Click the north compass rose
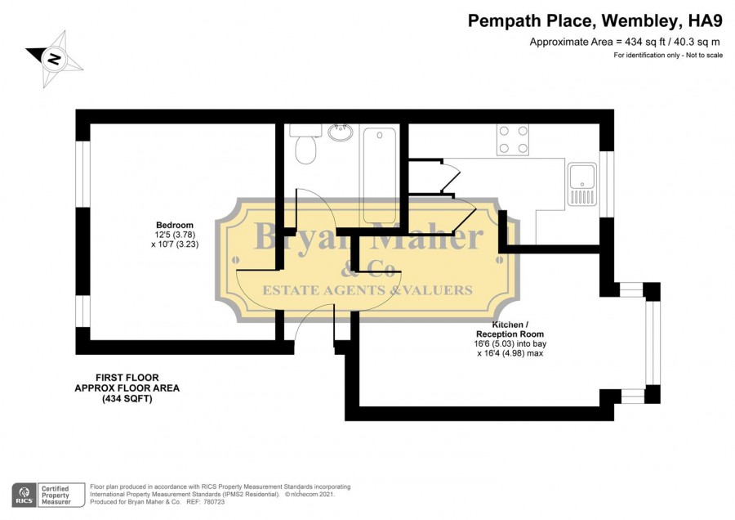point(53,59)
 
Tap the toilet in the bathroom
point(305,144)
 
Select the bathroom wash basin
point(341,132)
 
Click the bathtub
point(380,176)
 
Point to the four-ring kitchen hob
point(514,139)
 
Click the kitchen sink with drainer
point(581,184)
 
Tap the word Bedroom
point(175,226)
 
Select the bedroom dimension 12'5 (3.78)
point(175,235)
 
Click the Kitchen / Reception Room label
point(510,329)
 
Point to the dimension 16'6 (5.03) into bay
point(510,343)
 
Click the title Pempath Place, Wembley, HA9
point(595,20)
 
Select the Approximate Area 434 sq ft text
point(625,42)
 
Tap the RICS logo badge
point(24,495)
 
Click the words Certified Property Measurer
point(56,495)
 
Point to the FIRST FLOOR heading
point(127,378)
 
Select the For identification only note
point(668,55)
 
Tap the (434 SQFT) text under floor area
point(127,399)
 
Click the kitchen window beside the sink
point(607,184)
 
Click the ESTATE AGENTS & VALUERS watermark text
point(367,290)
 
